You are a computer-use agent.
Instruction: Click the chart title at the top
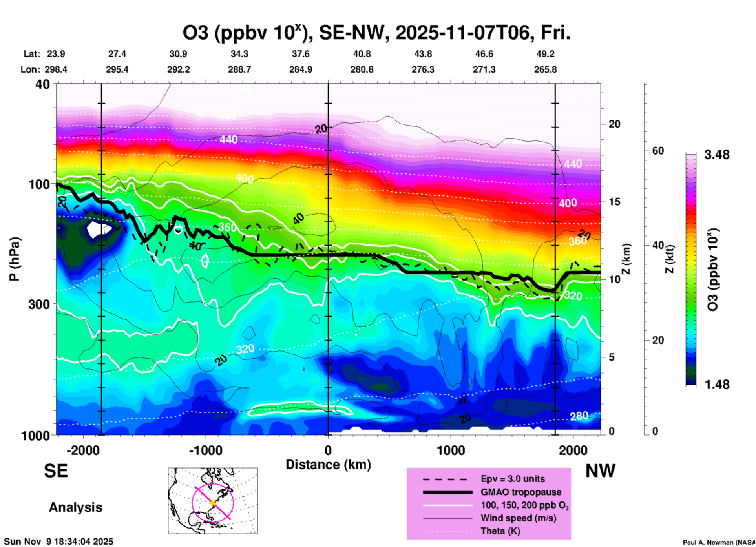pos(376,33)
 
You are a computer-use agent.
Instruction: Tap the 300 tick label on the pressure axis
pos(39,304)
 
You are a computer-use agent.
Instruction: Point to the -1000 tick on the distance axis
pos(206,450)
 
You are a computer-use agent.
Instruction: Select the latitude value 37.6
pos(300,54)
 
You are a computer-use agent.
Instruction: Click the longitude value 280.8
pos(362,69)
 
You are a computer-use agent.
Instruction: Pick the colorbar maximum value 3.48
pos(717,155)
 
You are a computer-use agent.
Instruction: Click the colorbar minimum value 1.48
pos(717,385)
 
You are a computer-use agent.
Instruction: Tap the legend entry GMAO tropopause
pos(521,492)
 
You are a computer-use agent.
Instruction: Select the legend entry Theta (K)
pos(500,531)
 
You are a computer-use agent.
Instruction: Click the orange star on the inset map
pos(213,503)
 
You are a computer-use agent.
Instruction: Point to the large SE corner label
pos(56,471)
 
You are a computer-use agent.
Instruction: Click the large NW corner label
pos(600,471)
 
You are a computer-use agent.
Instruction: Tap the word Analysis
pos(75,507)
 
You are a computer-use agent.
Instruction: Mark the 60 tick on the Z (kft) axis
pos(658,151)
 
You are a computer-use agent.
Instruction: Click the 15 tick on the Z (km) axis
pos(614,202)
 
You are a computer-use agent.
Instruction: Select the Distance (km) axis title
pos(328,465)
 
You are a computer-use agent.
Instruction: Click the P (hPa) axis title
pos(15,259)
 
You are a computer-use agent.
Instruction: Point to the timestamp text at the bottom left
pos(59,542)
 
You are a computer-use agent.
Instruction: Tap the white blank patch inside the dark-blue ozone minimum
pos(97,229)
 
